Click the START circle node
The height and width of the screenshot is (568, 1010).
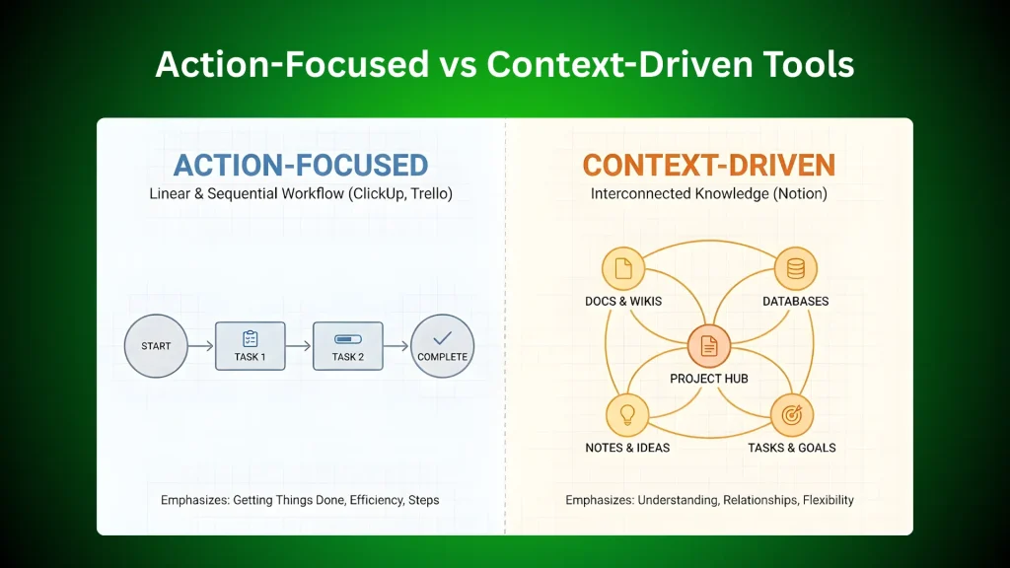(156, 346)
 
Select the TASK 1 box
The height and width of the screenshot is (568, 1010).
(250, 346)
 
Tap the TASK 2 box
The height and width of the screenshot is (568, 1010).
(348, 346)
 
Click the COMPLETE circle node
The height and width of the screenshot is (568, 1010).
(443, 346)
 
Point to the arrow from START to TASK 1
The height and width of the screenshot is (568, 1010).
(201, 346)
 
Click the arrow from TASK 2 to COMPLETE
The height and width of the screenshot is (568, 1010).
(397, 346)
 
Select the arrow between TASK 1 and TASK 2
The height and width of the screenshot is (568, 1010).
(299, 346)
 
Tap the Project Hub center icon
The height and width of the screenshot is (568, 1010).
(709, 346)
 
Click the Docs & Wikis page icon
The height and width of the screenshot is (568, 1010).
(623, 268)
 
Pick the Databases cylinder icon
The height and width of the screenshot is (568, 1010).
(796, 268)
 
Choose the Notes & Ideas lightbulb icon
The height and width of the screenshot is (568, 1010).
(627, 415)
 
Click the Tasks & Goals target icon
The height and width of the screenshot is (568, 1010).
(792, 415)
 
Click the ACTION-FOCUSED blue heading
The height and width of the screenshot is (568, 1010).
(301, 166)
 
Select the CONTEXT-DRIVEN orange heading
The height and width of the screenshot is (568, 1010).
(709, 166)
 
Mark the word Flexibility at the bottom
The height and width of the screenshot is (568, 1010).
(829, 500)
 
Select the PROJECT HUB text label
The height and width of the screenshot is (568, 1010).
(709, 379)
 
